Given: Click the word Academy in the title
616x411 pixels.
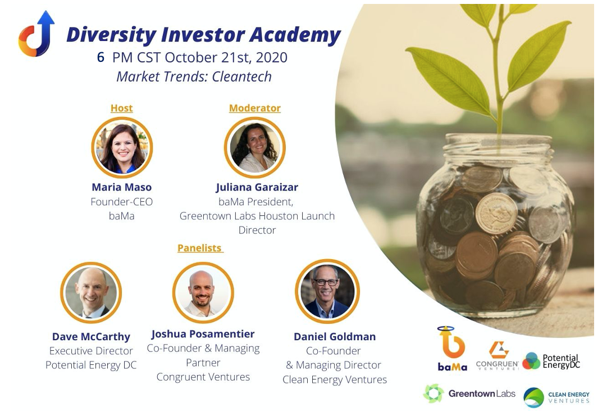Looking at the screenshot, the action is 295,35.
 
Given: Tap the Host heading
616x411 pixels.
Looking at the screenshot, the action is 122,108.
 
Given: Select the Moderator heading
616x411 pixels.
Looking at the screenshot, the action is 255,108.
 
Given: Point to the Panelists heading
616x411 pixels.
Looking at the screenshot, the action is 200,248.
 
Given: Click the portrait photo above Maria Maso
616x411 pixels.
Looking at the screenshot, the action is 122,148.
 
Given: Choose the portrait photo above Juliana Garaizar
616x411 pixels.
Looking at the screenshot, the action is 255,147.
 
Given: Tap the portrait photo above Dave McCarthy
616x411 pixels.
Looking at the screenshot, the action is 91,292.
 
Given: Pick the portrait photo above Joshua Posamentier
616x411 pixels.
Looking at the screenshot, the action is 203,292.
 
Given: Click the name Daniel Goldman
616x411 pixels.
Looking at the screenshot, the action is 335,337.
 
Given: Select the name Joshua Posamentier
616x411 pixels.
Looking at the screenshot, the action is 203,334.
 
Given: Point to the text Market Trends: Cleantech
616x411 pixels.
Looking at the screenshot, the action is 194,76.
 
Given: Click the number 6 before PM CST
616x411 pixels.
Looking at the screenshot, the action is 101,57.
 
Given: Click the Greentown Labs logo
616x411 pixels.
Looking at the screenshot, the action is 469,394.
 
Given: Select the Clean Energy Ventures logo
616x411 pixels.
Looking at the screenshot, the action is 556,398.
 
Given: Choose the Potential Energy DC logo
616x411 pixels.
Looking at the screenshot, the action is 551,360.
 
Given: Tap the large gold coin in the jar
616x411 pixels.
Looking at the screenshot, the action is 496,214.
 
